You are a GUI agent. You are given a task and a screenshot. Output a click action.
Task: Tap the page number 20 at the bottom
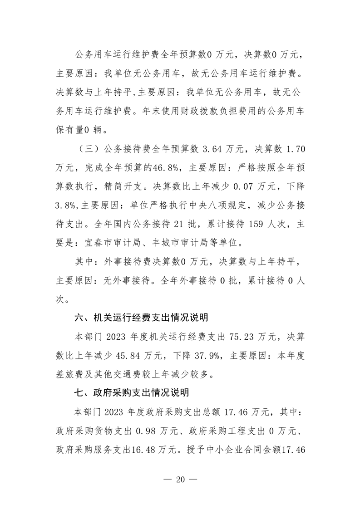(x=180, y=480)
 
